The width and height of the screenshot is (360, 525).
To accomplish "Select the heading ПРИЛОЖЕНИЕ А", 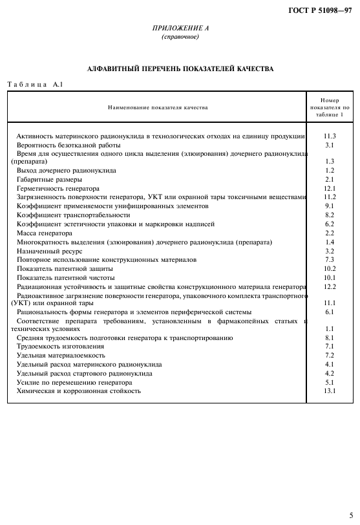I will click(180, 28).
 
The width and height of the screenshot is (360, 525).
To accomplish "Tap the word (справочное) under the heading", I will click(180, 37).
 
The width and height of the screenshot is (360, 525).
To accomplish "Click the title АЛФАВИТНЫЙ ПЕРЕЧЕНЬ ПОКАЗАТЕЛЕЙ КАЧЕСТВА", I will click(180, 68).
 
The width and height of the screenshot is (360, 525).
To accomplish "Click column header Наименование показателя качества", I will click(158, 107).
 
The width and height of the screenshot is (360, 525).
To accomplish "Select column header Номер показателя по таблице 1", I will click(330, 107).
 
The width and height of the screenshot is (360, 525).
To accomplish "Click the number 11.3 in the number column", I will click(330, 136).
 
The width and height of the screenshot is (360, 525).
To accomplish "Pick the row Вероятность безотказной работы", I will click(63, 145).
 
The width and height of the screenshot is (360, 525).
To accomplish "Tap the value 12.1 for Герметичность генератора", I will click(330, 188).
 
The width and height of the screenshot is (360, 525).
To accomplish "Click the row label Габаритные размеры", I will click(49, 179).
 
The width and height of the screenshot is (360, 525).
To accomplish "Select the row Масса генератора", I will click(45, 233).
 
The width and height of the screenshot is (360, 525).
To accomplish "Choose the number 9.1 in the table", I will click(330, 206).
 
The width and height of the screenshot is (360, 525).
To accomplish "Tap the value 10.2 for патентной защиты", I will click(330, 268).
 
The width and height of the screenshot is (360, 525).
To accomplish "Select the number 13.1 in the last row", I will click(330, 391).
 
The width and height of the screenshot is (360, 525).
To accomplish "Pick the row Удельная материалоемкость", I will click(60, 356).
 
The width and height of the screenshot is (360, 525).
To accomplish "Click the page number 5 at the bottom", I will click(352, 515).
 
